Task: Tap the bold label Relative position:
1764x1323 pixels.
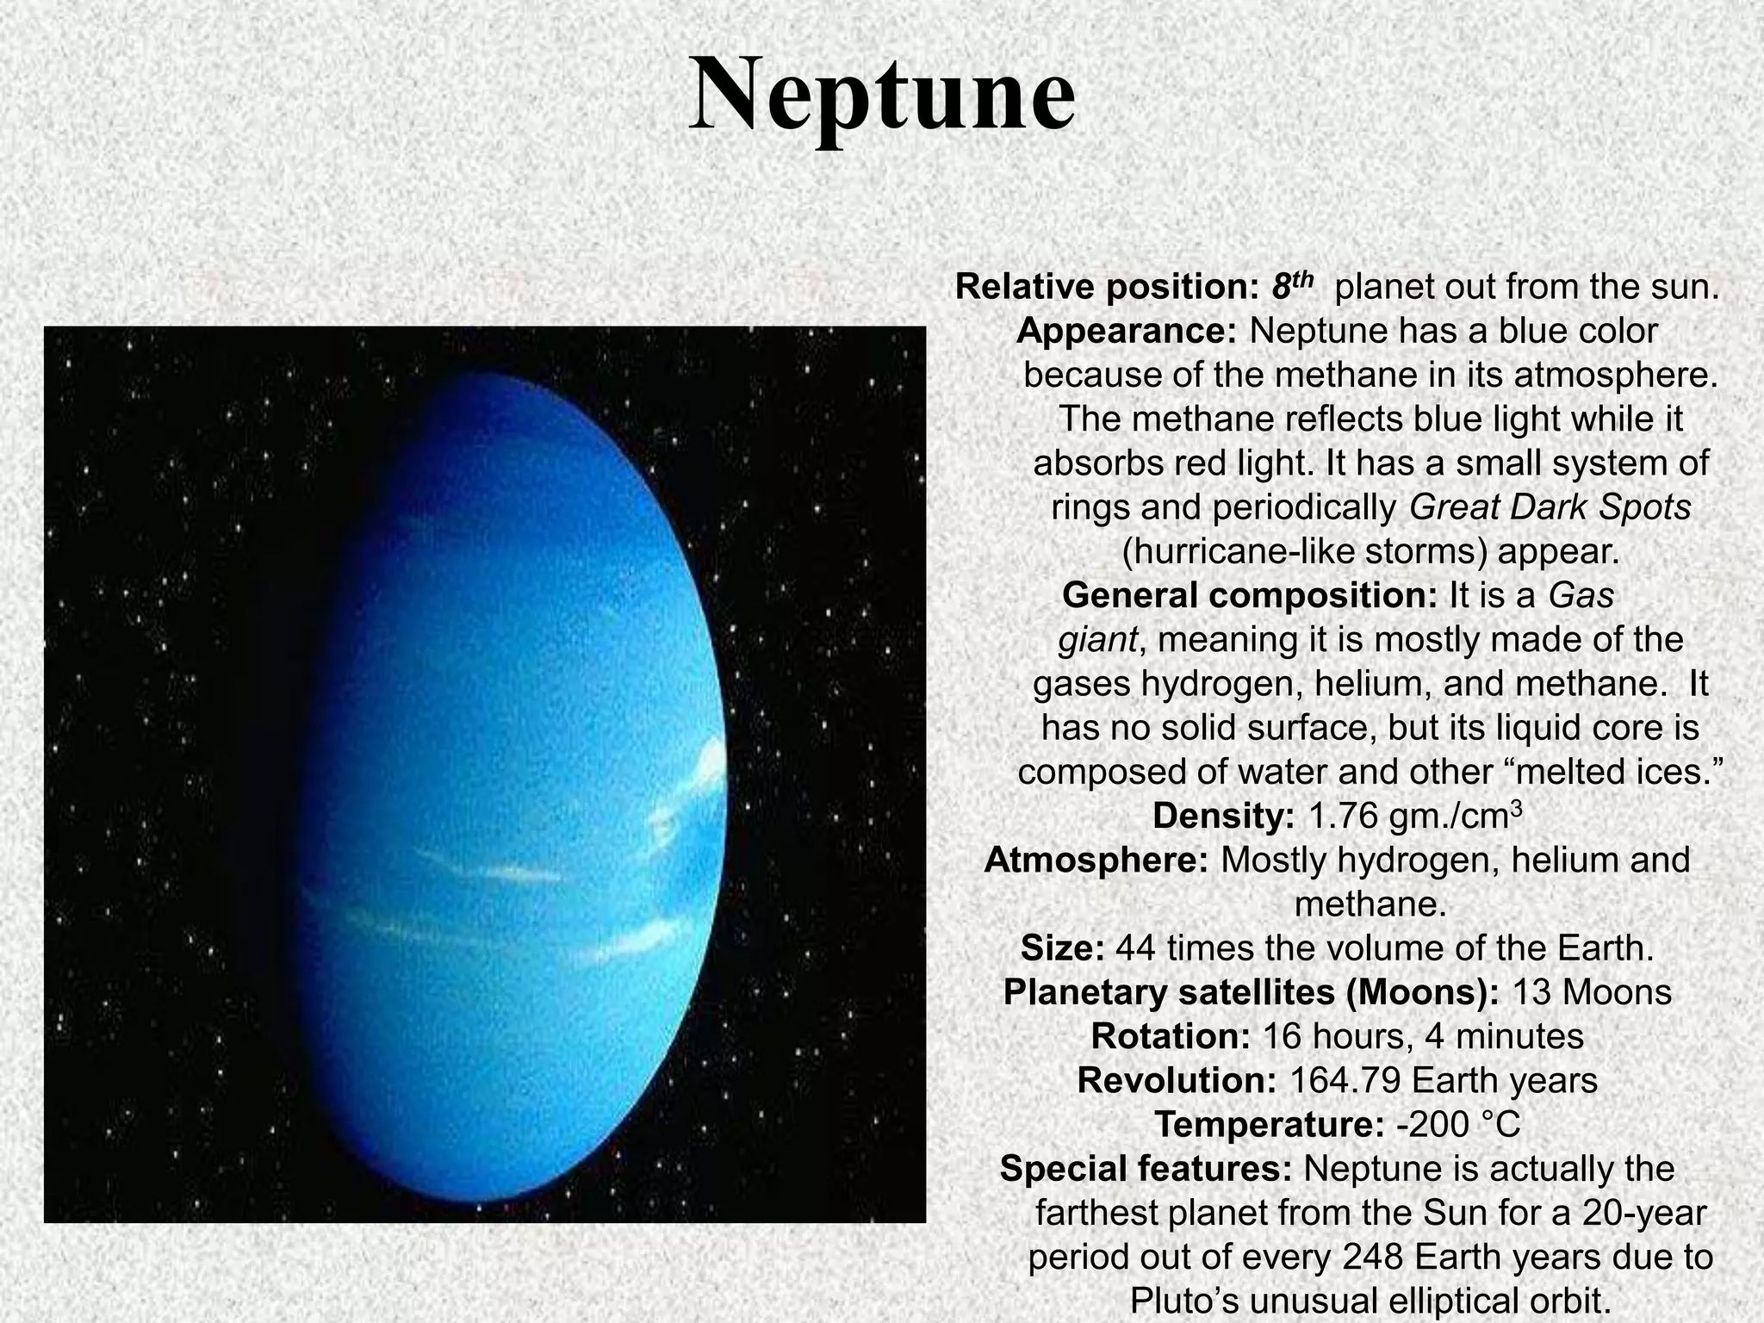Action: coord(1107,287)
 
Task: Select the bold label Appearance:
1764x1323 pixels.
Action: coord(1127,331)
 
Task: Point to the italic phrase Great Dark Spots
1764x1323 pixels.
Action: coord(1550,507)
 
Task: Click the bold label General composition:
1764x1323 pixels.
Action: coord(1250,595)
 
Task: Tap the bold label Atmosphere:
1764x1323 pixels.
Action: coord(1096,860)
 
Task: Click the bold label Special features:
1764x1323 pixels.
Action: coord(1146,1169)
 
